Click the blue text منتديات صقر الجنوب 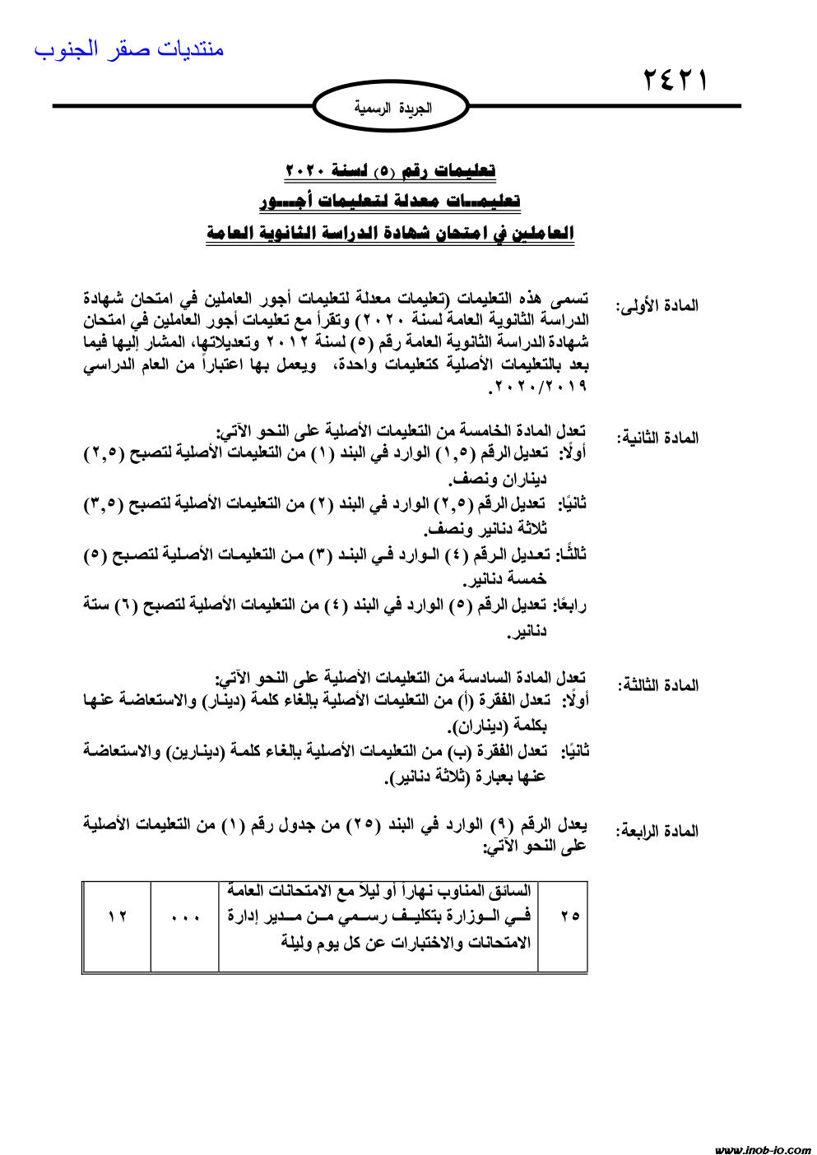pyautogui.click(x=129, y=49)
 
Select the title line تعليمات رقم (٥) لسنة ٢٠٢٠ pyautogui.click(x=390, y=170)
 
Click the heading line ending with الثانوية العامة pyautogui.click(x=390, y=233)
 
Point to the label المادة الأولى pyautogui.click(x=657, y=305)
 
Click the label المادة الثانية pyautogui.click(x=657, y=437)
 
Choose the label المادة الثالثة pyautogui.click(x=657, y=684)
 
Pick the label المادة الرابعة pyautogui.click(x=657, y=831)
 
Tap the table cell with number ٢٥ pyautogui.click(x=569, y=915)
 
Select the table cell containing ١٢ pyautogui.click(x=117, y=915)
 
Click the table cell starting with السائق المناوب pyautogui.click(x=378, y=915)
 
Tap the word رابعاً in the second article pyautogui.click(x=568, y=605)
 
